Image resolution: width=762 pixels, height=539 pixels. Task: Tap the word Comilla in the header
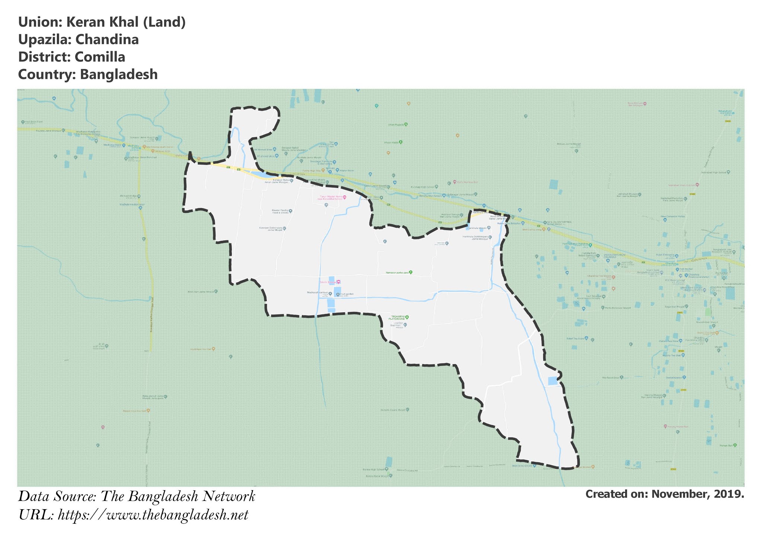100,57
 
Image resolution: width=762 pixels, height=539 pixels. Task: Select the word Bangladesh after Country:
119,74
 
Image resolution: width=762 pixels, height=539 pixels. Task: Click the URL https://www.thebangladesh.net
153,515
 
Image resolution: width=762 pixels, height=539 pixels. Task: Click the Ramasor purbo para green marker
411,272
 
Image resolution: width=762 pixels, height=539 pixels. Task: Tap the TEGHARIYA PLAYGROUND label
397,318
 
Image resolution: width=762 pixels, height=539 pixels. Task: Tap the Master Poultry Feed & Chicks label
280,211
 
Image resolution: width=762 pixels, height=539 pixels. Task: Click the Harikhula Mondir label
477,228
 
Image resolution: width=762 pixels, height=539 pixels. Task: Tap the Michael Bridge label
128,196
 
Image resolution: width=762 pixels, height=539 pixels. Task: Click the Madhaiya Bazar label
112,144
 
